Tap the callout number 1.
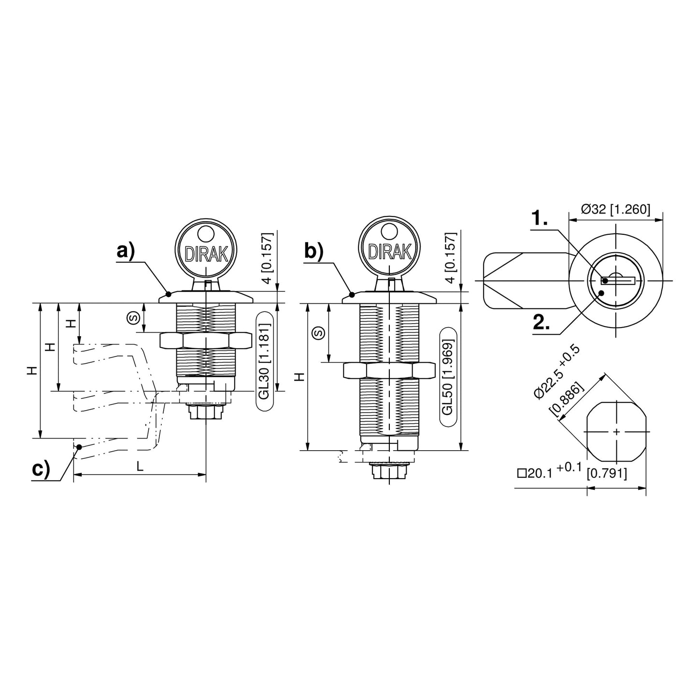click(540, 219)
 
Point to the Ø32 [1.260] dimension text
click(615, 209)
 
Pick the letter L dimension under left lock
click(140, 466)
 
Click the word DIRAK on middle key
click(389, 252)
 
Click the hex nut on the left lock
click(206, 340)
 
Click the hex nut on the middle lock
click(389, 370)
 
